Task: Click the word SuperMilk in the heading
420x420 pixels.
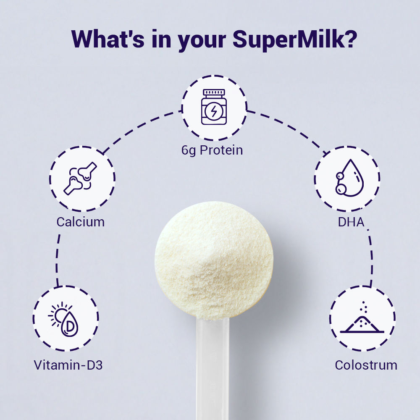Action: (x=289, y=39)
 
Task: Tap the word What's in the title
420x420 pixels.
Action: (x=108, y=39)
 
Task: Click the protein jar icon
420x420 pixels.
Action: (x=214, y=107)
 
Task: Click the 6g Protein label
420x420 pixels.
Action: (x=212, y=150)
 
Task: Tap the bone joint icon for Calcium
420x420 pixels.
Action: (x=80, y=178)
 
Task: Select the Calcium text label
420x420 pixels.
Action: (x=80, y=222)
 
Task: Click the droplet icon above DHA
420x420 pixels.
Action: (x=349, y=178)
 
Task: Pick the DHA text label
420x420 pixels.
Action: (x=351, y=222)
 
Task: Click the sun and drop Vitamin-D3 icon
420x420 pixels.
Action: (x=64, y=319)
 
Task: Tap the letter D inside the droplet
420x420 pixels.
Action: (x=70, y=325)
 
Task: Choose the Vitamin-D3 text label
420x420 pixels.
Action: (x=68, y=365)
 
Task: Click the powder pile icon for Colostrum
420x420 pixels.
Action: (x=362, y=318)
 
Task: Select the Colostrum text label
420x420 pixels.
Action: (x=366, y=365)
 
